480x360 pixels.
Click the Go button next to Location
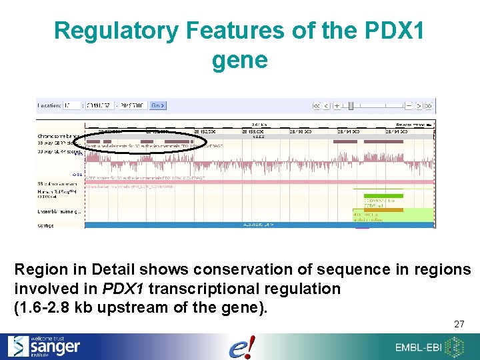coord(158,105)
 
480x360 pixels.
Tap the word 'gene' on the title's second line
coord(239,61)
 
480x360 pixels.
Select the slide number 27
coord(459,324)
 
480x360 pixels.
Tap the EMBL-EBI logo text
coord(419,347)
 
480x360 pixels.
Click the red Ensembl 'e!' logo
coord(241,347)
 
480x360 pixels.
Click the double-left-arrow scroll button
coord(317,105)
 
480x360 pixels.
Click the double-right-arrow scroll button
coord(429,105)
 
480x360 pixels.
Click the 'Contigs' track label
coord(45,225)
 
